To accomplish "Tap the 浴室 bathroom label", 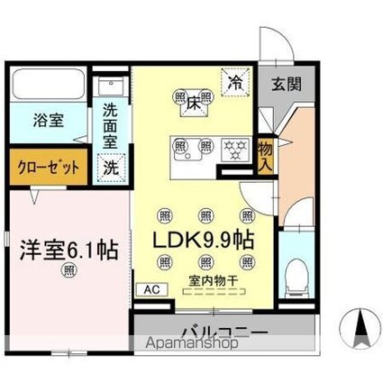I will pyautogui.click(x=38, y=119).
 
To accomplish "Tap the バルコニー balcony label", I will pyautogui.click(x=223, y=333).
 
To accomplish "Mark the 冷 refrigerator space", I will pyautogui.click(x=233, y=80).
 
